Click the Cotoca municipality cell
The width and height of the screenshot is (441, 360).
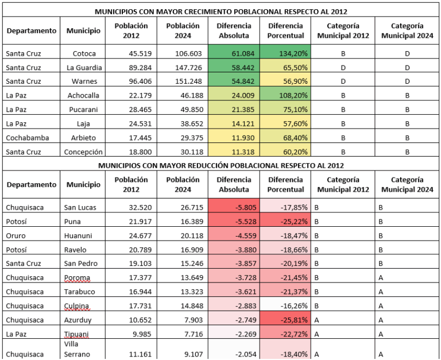tap(84, 53)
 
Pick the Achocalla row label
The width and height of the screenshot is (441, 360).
tap(84, 95)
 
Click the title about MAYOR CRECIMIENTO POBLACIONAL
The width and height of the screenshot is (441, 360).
tap(221, 11)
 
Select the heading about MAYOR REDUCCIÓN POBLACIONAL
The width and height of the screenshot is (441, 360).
tap(221, 165)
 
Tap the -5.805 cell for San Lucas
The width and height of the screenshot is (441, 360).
tap(234, 207)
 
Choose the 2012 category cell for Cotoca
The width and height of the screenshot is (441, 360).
tap(342, 53)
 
